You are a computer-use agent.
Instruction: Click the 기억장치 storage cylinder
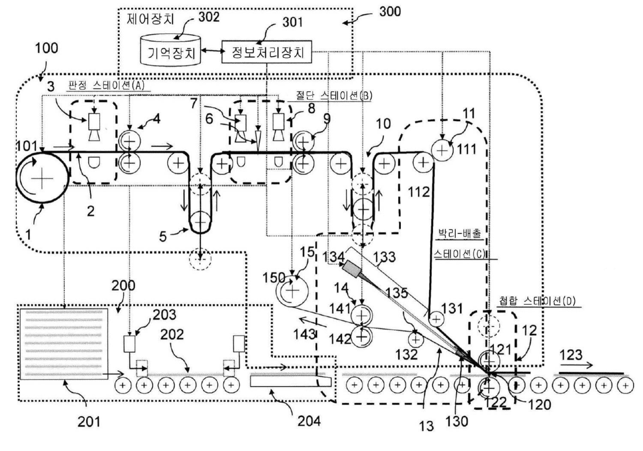coord(171,50)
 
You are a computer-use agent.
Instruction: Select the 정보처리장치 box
coord(267,52)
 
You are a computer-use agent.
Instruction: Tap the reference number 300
coord(390,12)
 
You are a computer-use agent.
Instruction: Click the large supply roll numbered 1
coord(42,178)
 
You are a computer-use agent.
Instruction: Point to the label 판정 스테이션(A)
coord(106,85)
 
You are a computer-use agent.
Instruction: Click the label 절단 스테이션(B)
coord(334,95)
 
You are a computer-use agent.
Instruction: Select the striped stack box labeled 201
coord(64,344)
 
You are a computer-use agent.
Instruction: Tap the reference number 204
coord(309,421)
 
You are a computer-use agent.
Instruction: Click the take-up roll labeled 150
coord(292,291)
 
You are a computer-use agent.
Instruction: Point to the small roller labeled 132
coord(416,340)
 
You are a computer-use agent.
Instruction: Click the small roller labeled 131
coord(436,319)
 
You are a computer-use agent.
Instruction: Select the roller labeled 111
coord(442,150)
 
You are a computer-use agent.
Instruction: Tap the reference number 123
coord(570,355)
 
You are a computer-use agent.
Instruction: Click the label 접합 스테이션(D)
coord(537,301)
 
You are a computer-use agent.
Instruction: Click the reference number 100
coord(47,48)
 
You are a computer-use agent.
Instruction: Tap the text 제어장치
coord(150,19)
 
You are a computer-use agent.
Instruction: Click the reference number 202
coord(172,334)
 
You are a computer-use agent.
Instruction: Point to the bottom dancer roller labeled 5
coord(200,222)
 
